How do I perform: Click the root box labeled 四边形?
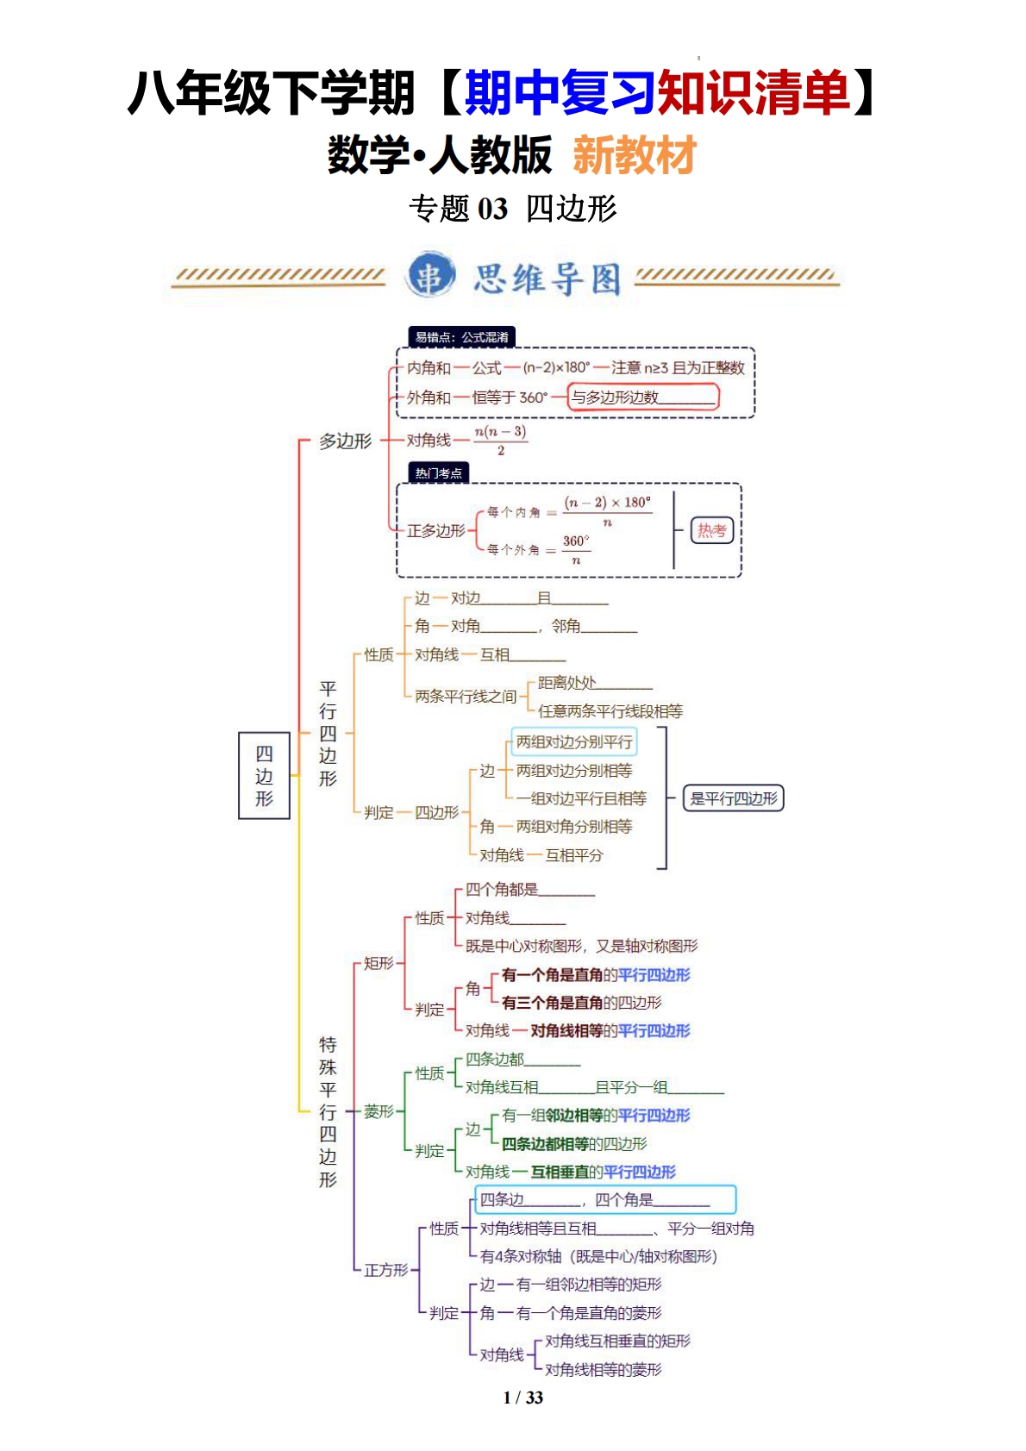click(x=264, y=775)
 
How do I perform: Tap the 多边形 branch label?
click(x=345, y=441)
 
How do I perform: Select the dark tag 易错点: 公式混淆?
click(x=461, y=337)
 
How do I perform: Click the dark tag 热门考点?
click(x=438, y=472)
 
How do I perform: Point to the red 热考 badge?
click(x=711, y=530)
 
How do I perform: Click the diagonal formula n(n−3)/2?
click(x=501, y=440)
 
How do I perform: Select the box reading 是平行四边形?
click(x=734, y=798)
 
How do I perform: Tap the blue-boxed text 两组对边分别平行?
click(x=573, y=741)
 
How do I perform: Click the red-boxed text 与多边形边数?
click(x=643, y=397)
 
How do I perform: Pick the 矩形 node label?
click(x=378, y=963)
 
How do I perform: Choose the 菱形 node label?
click(x=378, y=1111)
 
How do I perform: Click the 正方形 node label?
click(x=385, y=1270)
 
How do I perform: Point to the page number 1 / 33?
click(x=522, y=1398)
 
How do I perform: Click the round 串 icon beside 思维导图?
click(x=430, y=276)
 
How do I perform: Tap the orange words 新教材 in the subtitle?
click(x=635, y=156)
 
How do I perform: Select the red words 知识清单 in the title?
click(x=753, y=92)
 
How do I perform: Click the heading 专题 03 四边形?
click(x=513, y=209)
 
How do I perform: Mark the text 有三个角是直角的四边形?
click(x=581, y=1003)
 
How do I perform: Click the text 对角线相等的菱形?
click(x=603, y=1369)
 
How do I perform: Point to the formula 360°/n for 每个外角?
click(x=576, y=549)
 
